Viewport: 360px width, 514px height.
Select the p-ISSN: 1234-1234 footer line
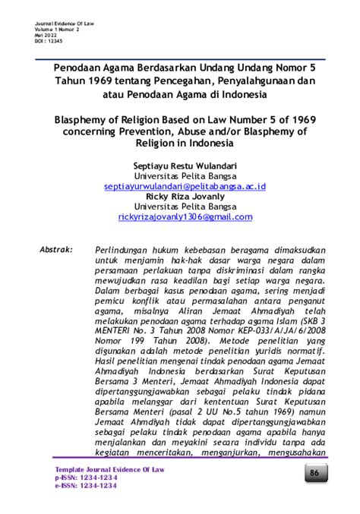pyautogui.click(x=84, y=478)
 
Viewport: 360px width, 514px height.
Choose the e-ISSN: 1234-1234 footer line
pyautogui.click(x=84, y=486)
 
